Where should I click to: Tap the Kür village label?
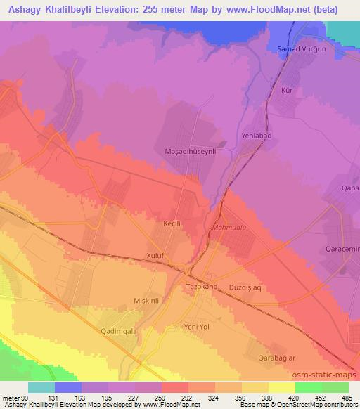coord(286,91)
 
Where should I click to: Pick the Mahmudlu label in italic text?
coord(226,228)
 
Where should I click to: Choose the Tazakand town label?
coord(203,287)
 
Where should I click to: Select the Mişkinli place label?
coord(148,300)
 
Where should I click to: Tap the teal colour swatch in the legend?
coord(41,387)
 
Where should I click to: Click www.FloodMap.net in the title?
coord(271,9)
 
